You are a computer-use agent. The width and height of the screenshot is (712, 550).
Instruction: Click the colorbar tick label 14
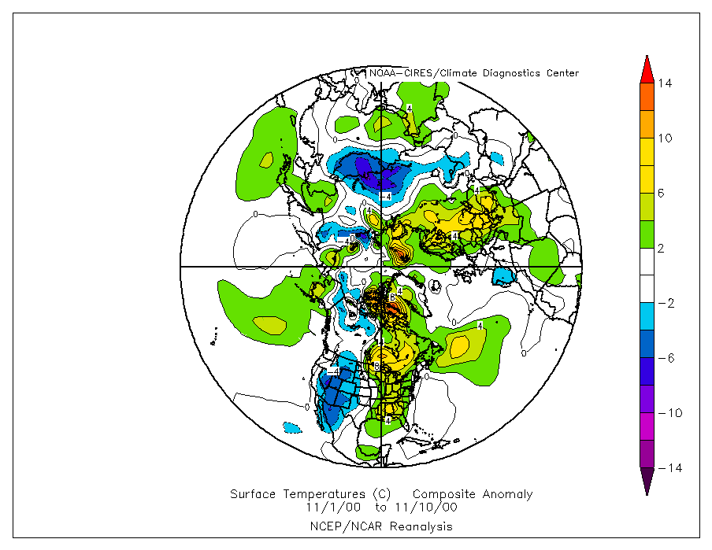coord(666,83)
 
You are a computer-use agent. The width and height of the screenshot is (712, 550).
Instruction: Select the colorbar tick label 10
coord(666,138)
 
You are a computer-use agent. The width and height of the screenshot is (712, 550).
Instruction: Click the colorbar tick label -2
coord(665,303)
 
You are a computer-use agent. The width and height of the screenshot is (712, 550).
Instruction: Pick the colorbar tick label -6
coord(665,358)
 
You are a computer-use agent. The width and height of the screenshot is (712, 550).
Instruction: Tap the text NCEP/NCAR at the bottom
coord(339,526)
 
